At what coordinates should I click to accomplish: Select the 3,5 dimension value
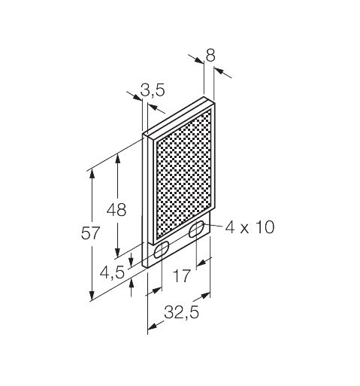153,91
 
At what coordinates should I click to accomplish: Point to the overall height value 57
90,233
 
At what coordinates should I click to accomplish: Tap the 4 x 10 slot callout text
249,226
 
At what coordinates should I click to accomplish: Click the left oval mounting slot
161,253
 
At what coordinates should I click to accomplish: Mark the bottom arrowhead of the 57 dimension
92,294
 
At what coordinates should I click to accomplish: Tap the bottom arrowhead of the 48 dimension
118,252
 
